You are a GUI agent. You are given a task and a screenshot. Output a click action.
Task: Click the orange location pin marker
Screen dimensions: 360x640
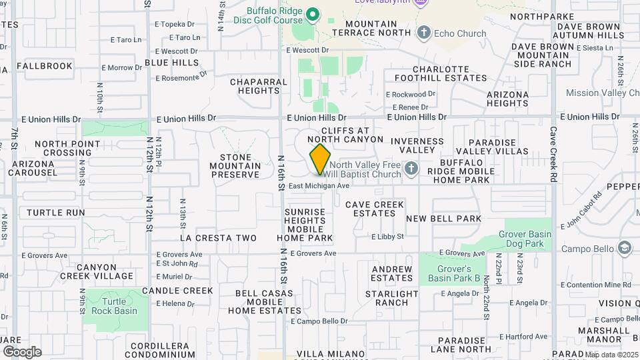[320, 159]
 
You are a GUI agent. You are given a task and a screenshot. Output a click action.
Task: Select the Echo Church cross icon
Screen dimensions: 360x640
[423, 33]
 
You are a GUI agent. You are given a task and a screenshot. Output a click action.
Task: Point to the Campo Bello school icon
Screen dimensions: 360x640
[624, 249]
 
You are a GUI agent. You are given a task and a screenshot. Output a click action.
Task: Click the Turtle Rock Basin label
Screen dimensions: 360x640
[115, 306]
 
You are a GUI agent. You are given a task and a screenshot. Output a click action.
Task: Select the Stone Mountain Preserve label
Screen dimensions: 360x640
[235, 166]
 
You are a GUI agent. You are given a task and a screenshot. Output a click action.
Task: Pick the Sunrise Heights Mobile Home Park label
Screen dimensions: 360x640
[305, 225]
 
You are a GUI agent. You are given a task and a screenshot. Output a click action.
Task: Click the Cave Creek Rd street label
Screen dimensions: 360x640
[553, 155]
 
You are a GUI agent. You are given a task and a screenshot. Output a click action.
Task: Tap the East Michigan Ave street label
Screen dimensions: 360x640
[319, 185]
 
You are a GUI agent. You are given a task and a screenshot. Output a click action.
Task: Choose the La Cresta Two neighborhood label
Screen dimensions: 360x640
[218, 238]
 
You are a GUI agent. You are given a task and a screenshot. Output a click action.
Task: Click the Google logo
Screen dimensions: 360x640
[22, 352]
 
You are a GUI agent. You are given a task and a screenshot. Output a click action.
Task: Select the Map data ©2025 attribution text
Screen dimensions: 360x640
[613, 355]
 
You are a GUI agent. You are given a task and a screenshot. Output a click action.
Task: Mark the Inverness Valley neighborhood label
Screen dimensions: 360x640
[417, 146]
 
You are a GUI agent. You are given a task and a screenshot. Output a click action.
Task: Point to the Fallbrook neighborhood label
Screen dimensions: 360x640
[44, 67]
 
